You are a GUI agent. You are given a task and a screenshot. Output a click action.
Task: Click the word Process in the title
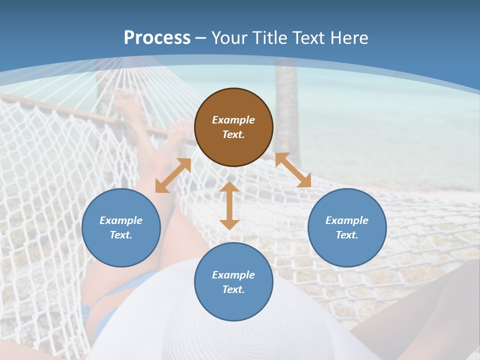point(157,37)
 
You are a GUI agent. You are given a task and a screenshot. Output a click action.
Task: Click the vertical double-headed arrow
point(229,205)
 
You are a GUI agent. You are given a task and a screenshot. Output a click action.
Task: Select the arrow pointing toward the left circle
point(173,175)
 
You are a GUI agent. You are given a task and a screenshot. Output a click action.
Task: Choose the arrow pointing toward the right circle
point(293,170)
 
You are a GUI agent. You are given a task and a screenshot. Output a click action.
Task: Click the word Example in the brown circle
point(233,120)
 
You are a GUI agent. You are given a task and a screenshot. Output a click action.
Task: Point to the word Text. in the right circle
point(347,235)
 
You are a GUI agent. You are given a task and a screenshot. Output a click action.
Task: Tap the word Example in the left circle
point(121,220)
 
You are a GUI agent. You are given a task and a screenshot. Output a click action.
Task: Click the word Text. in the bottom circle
point(233,289)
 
